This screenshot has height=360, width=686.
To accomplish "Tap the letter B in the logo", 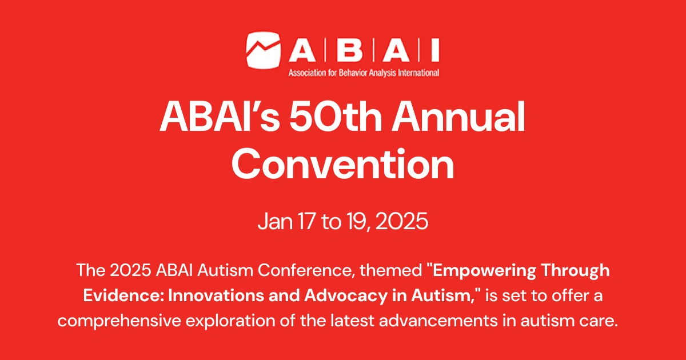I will pyautogui.click(x=353, y=51).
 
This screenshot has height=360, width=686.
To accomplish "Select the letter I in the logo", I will pyautogui.click(x=435, y=51).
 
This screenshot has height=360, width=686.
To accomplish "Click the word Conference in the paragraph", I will pyautogui.click(x=310, y=270).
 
